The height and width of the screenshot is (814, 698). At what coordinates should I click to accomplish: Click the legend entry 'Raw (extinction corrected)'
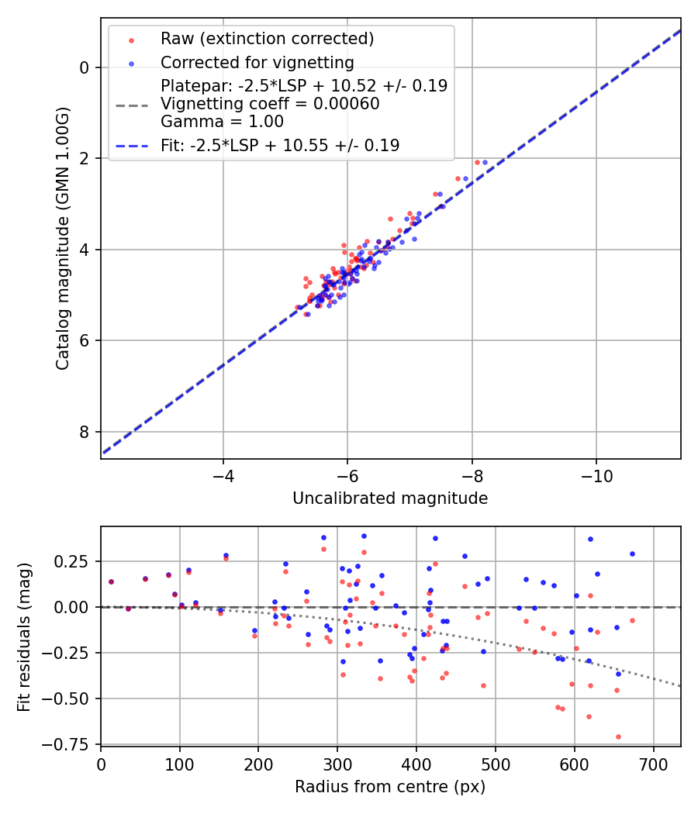click(x=267, y=39)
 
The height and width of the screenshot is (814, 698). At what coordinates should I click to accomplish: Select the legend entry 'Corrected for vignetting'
click(x=257, y=62)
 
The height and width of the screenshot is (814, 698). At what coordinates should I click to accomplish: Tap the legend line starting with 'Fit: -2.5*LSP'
click(x=280, y=145)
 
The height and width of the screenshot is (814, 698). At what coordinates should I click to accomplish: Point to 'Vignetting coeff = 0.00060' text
click(x=270, y=104)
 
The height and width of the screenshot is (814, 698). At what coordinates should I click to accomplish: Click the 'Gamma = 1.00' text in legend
click(x=222, y=122)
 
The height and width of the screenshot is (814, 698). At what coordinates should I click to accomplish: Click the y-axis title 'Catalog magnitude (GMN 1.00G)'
click(x=63, y=237)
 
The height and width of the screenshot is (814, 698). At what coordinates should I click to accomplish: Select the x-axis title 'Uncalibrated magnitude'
click(x=390, y=498)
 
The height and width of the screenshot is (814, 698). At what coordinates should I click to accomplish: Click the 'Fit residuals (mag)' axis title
click(x=24, y=636)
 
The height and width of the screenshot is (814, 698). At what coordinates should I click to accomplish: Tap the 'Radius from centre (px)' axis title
click(x=390, y=787)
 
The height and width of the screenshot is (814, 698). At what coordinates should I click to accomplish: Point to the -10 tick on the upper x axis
click(x=596, y=473)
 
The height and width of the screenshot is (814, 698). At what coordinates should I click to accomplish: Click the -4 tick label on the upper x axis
click(x=223, y=473)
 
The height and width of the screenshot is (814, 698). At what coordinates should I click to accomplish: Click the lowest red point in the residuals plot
click(x=618, y=737)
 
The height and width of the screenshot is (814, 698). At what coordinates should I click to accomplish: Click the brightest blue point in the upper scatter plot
click(x=485, y=163)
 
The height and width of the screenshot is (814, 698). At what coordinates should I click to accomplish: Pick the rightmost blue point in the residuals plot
click(x=632, y=554)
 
